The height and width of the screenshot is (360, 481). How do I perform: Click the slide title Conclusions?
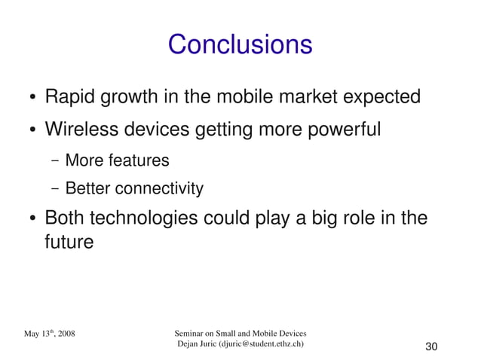[x=240, y=44]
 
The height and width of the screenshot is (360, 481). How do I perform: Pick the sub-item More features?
[x=117, y=160]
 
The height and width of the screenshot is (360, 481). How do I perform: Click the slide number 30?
[x=431, y=346]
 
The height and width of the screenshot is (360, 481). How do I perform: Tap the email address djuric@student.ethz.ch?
[x=262, y=344]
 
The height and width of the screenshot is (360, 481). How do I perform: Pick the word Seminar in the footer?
[x=191, y=333]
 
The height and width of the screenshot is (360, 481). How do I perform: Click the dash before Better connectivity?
[x=56, y=188]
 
